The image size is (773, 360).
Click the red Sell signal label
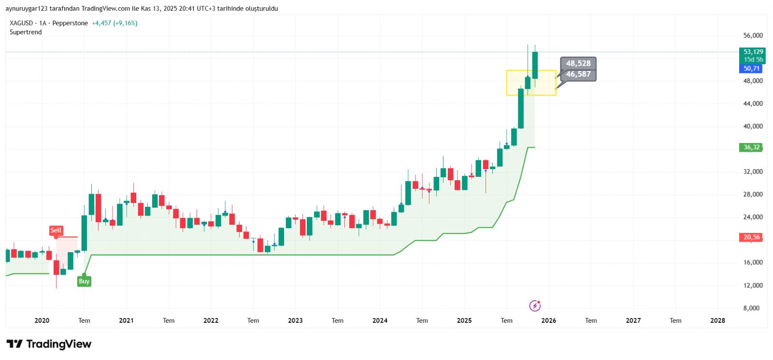pos(56,230)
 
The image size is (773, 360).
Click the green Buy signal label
pos(84,281)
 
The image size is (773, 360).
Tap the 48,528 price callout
pos(578,63)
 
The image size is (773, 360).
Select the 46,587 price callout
pos(578,74)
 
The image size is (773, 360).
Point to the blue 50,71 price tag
pos(751,69)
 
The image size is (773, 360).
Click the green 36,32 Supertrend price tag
pos(751,147)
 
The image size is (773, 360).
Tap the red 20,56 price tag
pos(751,237)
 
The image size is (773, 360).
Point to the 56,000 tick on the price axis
pos(753,35)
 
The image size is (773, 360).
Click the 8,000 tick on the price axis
pos(751,308)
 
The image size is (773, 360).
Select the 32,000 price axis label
pos(753,172)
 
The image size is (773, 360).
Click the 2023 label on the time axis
pos(295,320)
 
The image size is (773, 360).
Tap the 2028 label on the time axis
pos(717,320)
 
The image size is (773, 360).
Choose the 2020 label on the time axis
pos(42,320)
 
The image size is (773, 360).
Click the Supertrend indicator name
pos(26,32)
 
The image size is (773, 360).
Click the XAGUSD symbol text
pos(21,23)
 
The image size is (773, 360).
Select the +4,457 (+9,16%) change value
pos(115,23)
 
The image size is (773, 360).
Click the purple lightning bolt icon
pos(535,305)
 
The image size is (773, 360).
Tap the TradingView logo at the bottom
pos(49,344)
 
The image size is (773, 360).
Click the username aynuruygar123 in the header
pos(27,9)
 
